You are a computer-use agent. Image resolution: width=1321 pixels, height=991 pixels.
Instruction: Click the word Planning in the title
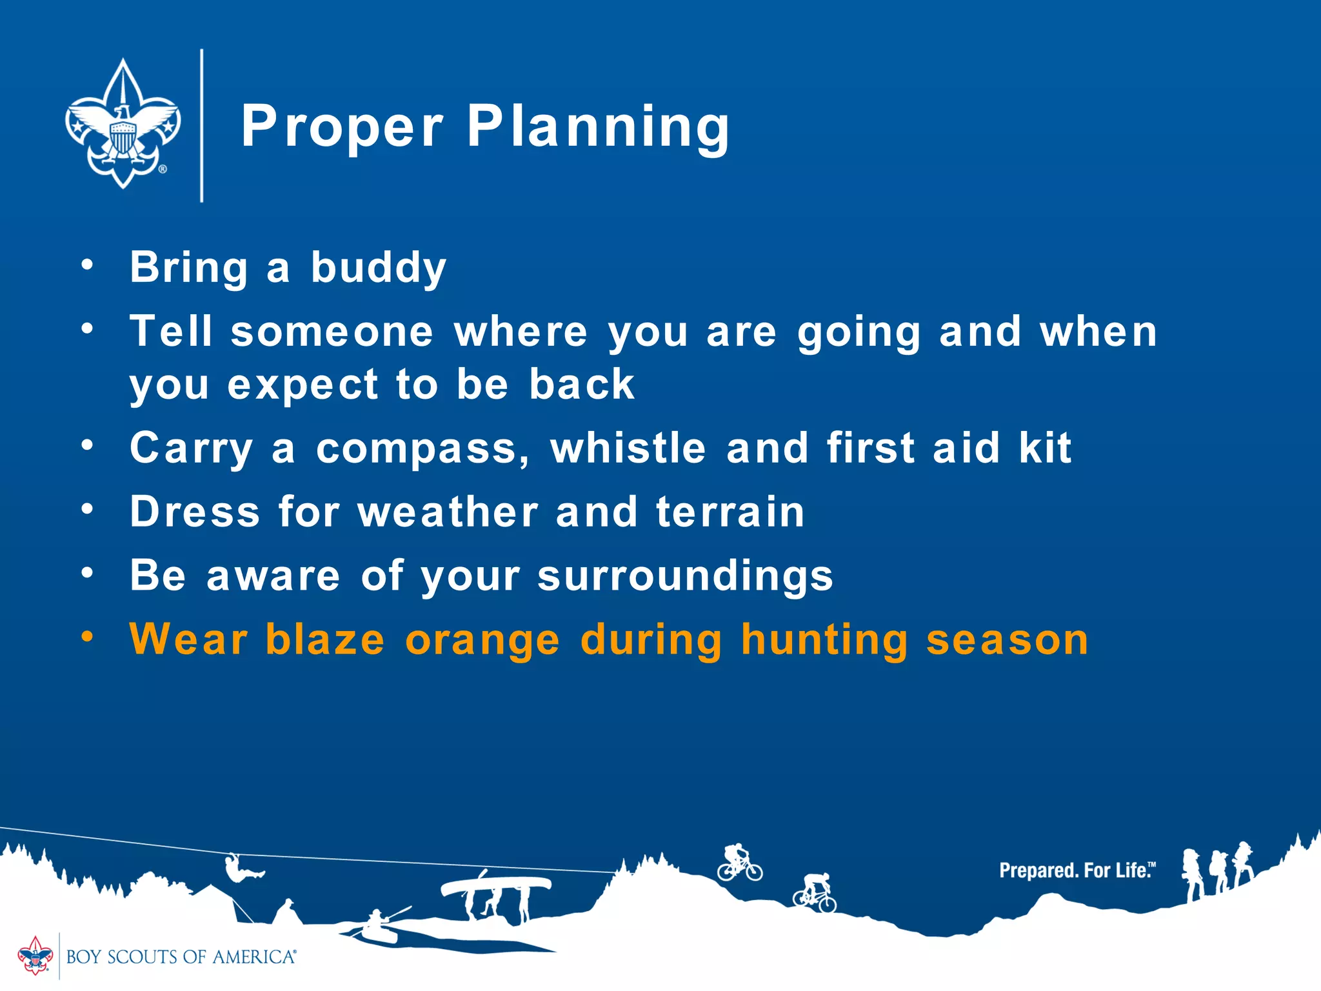(598, 126)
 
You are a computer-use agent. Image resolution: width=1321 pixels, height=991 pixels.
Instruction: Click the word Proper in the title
(343, 126)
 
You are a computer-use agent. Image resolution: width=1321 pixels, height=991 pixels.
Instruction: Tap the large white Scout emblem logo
(123, 124)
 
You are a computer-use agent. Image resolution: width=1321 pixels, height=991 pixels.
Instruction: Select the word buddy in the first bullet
(379, 267)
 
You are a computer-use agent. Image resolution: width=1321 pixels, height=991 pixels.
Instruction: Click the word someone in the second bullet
(332, 332)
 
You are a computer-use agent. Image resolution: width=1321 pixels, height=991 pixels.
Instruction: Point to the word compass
(422, 448)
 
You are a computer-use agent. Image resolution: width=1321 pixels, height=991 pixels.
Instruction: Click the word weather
(448, 512)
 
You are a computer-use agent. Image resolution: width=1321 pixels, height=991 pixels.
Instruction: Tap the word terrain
(730, 512)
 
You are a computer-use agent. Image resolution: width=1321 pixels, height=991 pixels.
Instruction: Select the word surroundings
(685, 576)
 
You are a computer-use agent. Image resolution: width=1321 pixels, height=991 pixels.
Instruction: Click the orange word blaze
(325, 639)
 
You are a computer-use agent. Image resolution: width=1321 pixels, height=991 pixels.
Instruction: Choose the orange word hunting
(824, 640)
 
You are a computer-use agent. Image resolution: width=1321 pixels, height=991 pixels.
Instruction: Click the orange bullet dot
(87, 637)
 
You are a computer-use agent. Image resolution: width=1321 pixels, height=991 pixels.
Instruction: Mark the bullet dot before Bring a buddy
(87, 264)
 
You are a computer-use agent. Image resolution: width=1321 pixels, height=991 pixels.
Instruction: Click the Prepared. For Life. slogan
(1077, 870)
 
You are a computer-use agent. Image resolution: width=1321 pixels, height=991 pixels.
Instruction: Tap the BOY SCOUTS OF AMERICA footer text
(181, 957)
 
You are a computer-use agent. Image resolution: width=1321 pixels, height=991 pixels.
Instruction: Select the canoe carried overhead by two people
(495, 885)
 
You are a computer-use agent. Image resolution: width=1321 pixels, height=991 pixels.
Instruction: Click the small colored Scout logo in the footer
(35, 956)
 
